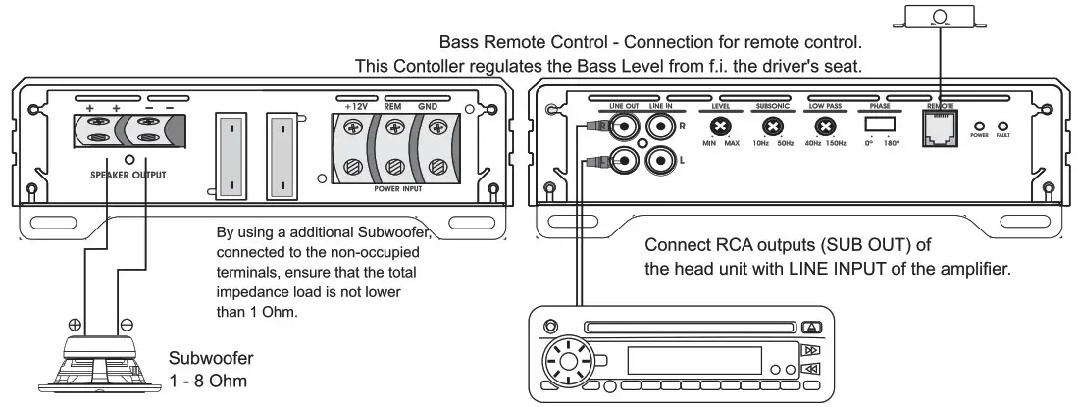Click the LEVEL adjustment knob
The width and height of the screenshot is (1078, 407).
[x=720, y=127]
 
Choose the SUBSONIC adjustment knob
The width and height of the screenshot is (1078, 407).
[x=773, y=127]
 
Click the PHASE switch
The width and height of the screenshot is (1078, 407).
[x=879, y=127]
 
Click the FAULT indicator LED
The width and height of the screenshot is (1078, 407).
[x=1002, y=127]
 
